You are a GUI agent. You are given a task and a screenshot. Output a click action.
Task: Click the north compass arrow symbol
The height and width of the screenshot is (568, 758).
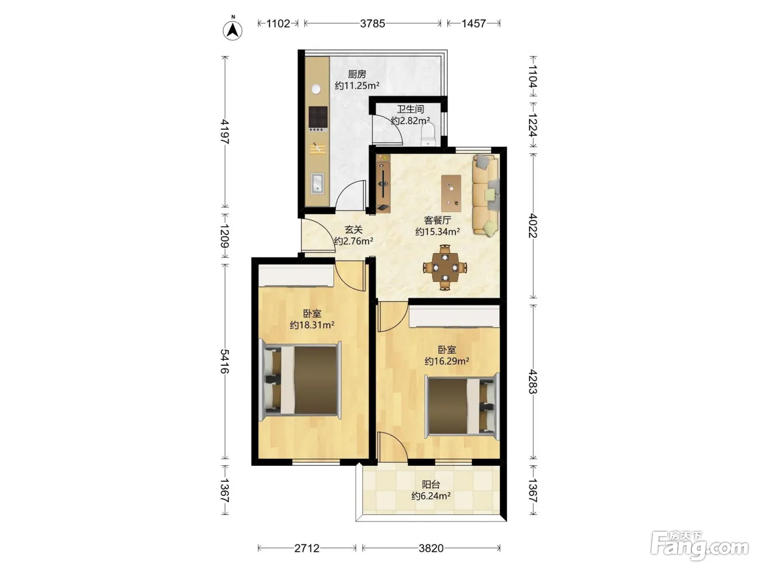coord(232,30)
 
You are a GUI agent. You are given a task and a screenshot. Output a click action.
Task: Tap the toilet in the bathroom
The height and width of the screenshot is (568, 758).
coord(428,134)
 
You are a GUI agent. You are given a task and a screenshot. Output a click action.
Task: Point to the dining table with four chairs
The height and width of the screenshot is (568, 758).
coord(446,267)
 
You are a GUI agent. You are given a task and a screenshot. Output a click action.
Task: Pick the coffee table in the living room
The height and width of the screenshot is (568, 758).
coord(451,193)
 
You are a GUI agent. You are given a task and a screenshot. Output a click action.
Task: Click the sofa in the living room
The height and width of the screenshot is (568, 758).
coord(486,195)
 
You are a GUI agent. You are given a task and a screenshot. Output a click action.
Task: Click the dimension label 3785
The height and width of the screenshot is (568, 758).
coord(373,23)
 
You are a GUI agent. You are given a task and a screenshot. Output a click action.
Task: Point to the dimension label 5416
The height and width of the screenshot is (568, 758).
coord(225,361)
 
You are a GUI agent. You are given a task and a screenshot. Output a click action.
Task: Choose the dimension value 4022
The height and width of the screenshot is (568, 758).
coord(533,226)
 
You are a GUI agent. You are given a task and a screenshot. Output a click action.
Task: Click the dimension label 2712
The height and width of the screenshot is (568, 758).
coord(306,548)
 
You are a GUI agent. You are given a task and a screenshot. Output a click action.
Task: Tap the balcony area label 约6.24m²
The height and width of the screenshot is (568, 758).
coord(430,496)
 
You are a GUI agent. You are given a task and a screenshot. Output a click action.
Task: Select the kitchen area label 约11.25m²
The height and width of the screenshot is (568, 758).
coord(357,85)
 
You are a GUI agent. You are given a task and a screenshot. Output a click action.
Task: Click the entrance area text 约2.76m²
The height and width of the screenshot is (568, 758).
coord(353,241)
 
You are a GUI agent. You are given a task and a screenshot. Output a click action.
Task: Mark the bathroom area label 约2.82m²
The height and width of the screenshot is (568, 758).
coord(410,120)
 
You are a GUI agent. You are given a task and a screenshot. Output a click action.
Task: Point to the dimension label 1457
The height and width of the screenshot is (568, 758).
coord(473,23)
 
